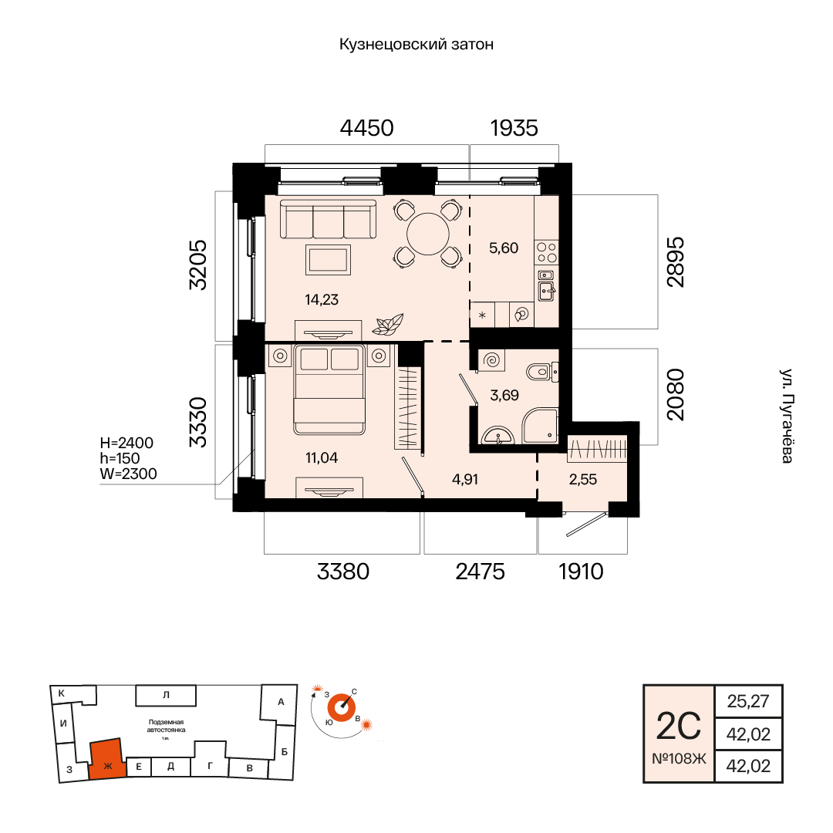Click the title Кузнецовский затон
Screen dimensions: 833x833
[416, 45]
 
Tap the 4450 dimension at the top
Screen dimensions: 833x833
[367, 128]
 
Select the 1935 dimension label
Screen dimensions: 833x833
[514, 128]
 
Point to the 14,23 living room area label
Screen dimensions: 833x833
[322, 299]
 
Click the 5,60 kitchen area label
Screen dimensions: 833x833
[504, 248]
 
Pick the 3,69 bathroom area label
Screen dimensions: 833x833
[504, 396]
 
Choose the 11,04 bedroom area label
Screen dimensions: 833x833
[322, 457]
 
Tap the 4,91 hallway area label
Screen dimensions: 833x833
[465, 478]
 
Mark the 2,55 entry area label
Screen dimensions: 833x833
[583, 478]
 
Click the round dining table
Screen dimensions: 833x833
[428, 233]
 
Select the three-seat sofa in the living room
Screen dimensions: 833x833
[328, 219]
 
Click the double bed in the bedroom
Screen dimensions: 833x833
[329, 390]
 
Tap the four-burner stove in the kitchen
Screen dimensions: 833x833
[546, 253]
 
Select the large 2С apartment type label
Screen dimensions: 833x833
[679, 726]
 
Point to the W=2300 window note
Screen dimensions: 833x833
[129, 474]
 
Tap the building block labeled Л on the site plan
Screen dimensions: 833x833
[166, 695]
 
